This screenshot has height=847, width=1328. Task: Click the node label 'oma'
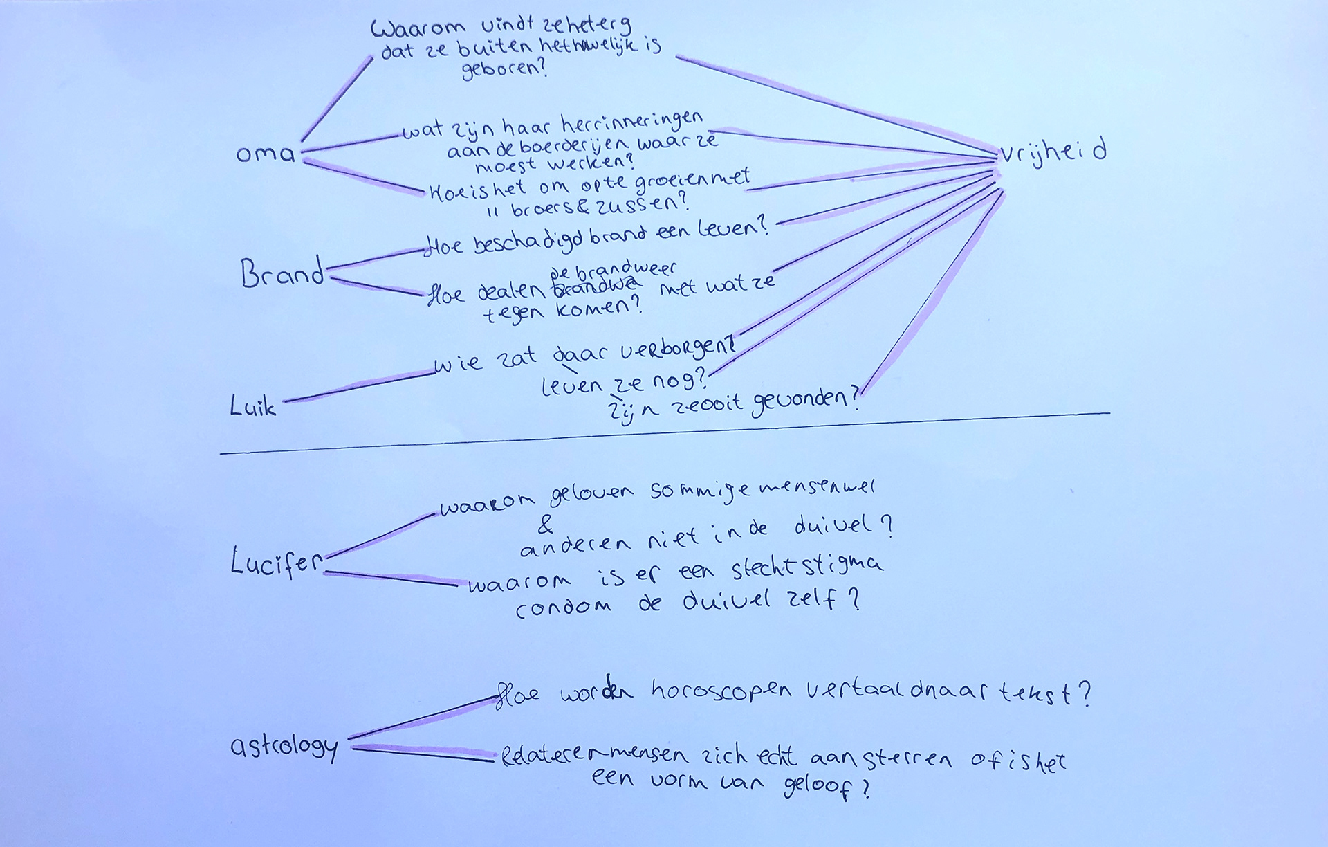click(265, 153)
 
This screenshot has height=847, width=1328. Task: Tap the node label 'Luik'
click(252, 406)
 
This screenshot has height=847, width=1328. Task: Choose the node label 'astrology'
click(284, 747)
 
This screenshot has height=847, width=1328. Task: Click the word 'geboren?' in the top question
click(504, 70)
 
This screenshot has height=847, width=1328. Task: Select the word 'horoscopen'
click(721, 691)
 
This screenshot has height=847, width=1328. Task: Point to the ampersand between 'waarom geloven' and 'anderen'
click(546, 526)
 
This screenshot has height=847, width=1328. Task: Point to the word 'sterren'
click(908, 759)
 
